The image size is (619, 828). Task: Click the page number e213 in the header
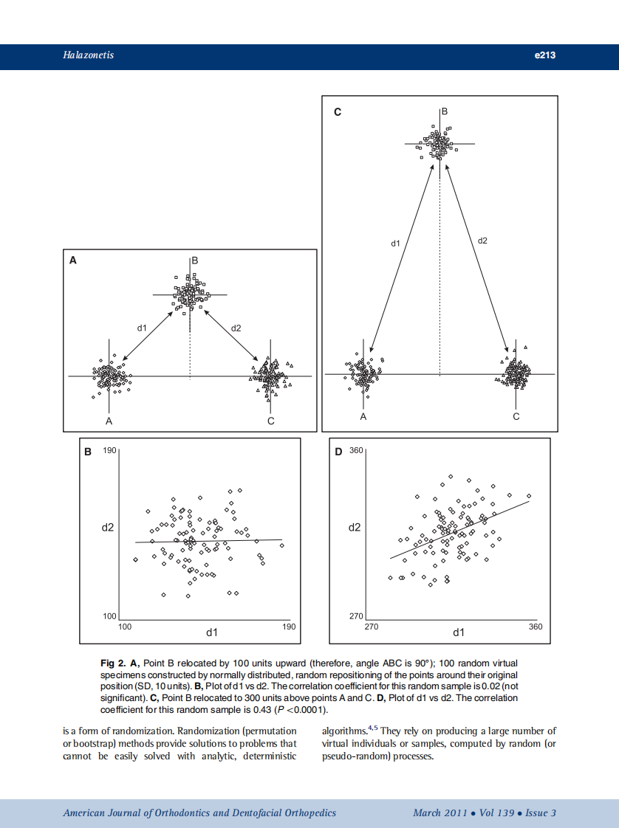click(544, 55)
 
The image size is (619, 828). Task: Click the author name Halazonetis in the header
click(88, 55)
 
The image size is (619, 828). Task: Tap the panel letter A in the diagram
click(72, 260)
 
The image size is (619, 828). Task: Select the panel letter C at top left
click(338, 112)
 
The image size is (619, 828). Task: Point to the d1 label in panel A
click(143, 327)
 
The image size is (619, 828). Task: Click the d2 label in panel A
click(236, 327)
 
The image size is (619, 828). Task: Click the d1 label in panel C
click(395, 243)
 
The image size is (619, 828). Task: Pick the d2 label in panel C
click(482, 240)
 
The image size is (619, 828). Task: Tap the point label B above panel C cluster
click(445, 111)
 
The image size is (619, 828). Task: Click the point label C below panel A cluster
click(271, 421)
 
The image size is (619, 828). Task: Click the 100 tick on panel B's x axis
click(125, 627)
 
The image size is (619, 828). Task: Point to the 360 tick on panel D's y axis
click(356, 450)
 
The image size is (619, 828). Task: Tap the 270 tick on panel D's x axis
click(372, 627)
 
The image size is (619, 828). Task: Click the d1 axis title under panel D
click(459, 632)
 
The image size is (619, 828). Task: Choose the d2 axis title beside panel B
click(108, 528)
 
